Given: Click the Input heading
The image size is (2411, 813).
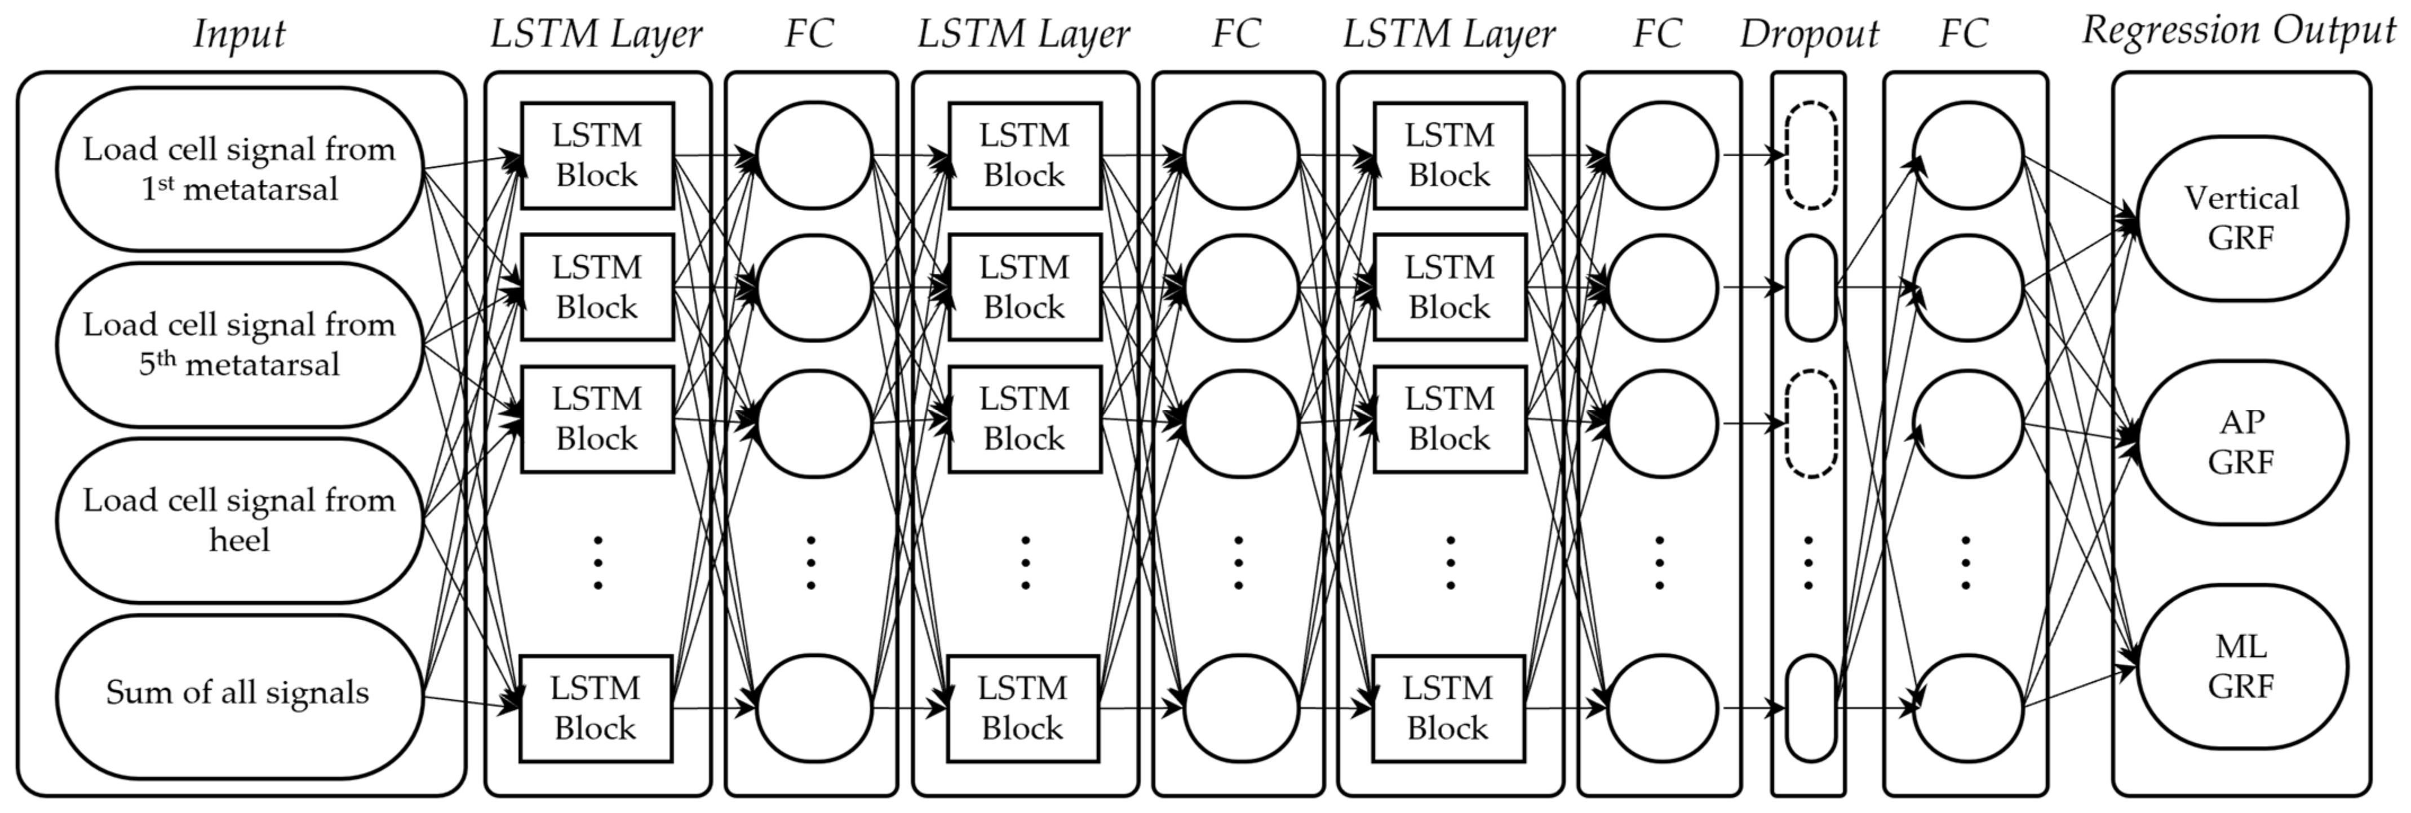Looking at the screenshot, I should click(x=238, y=34).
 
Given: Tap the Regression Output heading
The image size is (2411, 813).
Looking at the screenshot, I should click(x=2239, y=32).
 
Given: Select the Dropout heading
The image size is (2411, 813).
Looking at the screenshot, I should click(x=1808, y=34).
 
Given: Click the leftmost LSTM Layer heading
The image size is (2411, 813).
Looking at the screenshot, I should click(x=596, y=34).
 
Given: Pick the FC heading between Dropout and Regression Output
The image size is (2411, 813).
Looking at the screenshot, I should click(x=1963, y=34).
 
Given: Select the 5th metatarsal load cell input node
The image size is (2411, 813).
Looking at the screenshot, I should click(x=238, y=344).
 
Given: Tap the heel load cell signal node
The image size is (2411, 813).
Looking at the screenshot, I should click(x=238, y=520).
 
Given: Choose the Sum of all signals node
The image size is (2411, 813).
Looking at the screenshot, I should click(x=238, y=694).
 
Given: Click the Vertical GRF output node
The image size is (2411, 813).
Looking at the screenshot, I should click(x=2241, y=218).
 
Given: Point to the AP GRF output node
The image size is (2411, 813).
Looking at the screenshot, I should click(x=2241, y=442).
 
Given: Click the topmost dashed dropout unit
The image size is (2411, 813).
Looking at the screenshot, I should click(x=1811, y=156).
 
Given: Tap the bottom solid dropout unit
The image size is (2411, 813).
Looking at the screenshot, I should click(x=1811, y=708).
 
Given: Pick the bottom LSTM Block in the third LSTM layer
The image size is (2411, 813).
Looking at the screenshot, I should click(x=1448, y=708).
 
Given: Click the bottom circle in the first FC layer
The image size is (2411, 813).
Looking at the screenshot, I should click(x=813, y=708).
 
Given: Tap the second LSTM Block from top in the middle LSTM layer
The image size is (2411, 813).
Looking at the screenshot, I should click(x=1024, y=287).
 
